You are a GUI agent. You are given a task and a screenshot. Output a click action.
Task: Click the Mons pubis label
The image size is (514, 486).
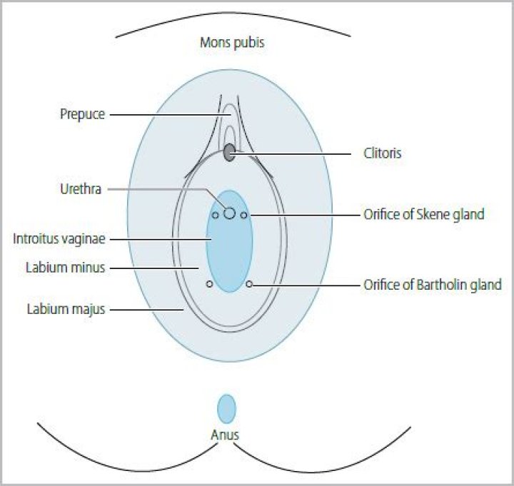tap(232, 43)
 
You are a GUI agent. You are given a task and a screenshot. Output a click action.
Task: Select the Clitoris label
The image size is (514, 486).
tap(383, 153)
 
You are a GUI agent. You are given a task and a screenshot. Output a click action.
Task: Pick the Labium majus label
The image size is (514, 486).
tap(67, 310)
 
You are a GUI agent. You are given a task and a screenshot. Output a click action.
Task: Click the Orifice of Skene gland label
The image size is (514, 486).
tap(424, 214)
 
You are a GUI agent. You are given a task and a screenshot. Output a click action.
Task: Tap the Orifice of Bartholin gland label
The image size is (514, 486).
tap(433, 284)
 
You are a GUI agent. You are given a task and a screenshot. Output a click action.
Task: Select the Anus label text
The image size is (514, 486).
tap(226, 435)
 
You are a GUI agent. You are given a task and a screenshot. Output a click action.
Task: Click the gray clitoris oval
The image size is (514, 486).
tap(229, 152)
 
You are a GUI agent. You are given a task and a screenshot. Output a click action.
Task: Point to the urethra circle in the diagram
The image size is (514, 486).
tap(229, 213)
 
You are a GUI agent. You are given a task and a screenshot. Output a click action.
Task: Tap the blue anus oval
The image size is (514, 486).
tap(226, 409)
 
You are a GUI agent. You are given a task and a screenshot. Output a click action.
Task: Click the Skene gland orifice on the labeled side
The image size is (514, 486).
tap(244, 215)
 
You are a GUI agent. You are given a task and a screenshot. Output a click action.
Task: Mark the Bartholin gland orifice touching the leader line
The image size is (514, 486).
tap(249, 284)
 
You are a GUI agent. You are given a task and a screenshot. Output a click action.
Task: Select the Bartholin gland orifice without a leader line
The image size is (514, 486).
tap(209, 284)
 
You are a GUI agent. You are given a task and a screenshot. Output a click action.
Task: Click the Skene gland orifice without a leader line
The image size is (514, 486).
tap(215, 215)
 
